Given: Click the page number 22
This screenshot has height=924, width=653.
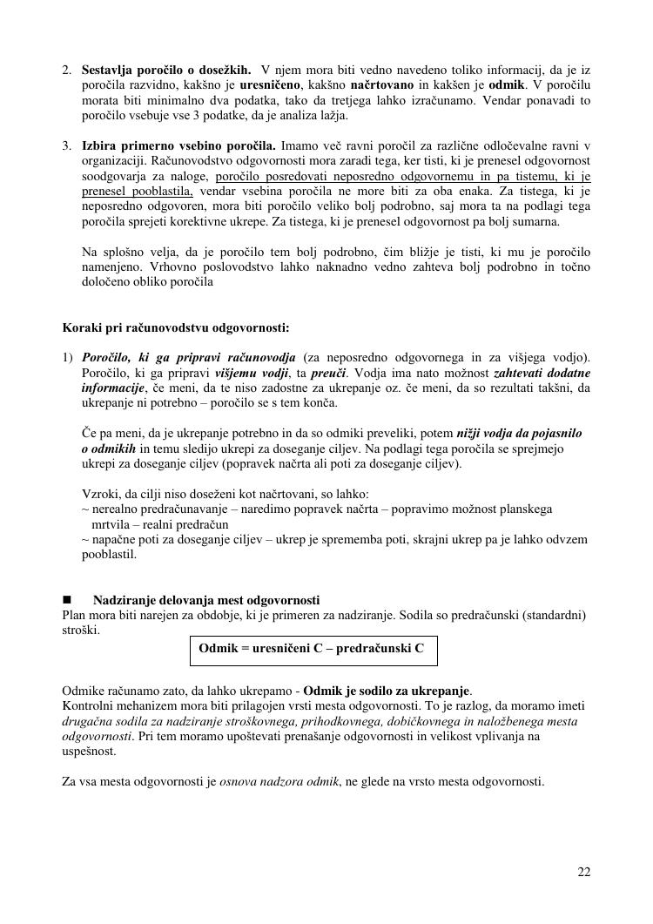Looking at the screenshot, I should pos(583,873).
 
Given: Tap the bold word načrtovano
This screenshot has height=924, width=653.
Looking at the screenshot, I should pos(382,84).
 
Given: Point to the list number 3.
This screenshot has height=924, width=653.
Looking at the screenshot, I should pos(67,145).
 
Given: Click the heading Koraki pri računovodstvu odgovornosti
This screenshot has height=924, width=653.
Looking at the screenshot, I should pos(176,328).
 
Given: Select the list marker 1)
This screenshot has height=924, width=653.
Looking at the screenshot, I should pos(68,357).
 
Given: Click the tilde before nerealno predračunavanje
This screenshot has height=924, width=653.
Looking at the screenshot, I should pos(85,509).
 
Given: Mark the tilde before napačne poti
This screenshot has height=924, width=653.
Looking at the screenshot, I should pos(85,539).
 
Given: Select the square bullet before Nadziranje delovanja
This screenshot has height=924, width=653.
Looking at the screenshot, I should pos(67,601).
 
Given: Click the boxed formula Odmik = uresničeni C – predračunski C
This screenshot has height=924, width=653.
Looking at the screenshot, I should pos(312,649).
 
